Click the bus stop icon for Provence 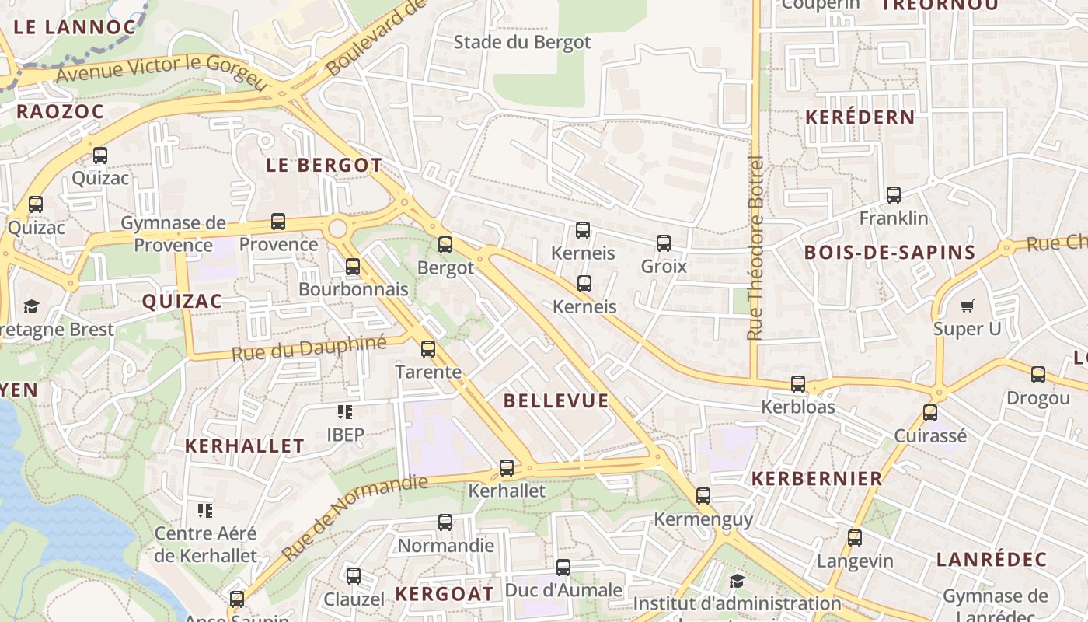[278, 222]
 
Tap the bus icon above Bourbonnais [353, 267]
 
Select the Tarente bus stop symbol [428, 349]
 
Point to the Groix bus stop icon [664, 243]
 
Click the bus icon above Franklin [894, 195]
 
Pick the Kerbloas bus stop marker [798, 384]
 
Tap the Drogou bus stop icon [1038, 375]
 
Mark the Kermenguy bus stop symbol [703, 496]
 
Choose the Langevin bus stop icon [855, 537]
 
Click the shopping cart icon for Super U [968, 306]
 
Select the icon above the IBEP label [345, 411]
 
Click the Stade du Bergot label [522, 42]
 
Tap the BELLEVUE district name [556, 400]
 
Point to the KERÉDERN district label [860, 117]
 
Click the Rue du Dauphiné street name [309, 348]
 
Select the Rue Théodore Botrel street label [755, 247]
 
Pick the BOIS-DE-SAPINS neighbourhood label [890, 252]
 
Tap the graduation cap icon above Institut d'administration [737, 581]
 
